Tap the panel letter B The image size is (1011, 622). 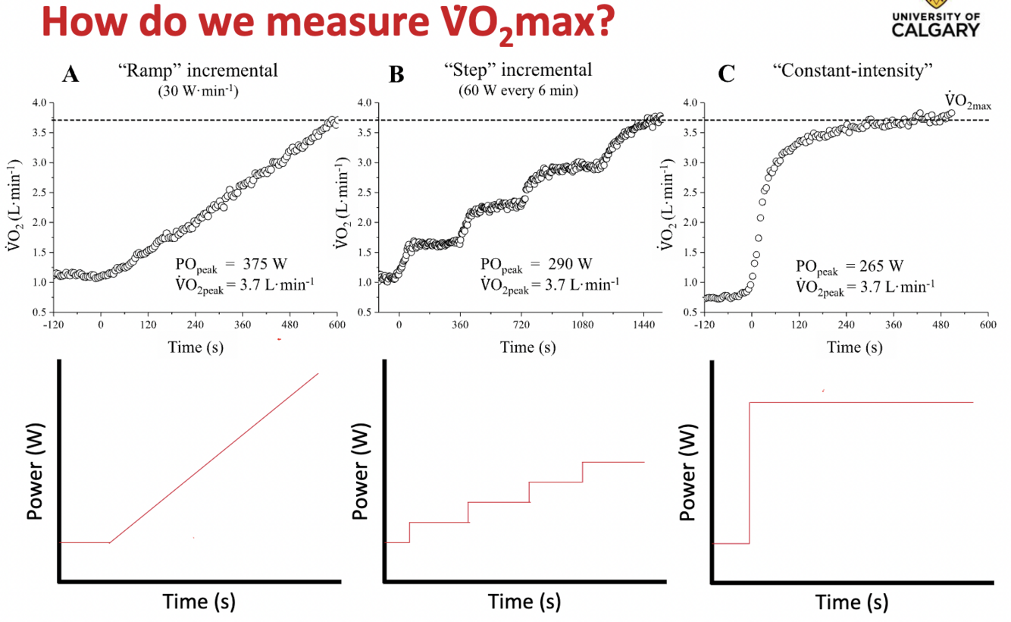coord(396,74)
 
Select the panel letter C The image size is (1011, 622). coord(726,74)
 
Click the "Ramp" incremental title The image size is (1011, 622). coord(198,71)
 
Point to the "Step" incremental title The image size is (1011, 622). coord(518,70)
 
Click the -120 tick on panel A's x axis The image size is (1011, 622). coord(53,324)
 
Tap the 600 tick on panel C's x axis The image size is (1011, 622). coord(988,324)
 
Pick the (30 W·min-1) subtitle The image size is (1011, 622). coord(197,88)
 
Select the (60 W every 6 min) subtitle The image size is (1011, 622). coord(518,88)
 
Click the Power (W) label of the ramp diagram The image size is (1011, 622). coord(34,471)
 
